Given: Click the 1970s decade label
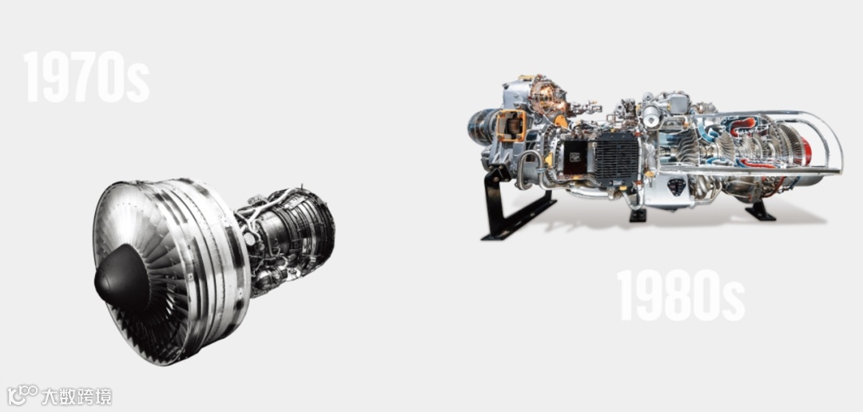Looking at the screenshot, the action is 86,77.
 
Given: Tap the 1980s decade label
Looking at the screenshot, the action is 681,295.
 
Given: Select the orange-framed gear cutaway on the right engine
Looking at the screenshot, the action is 511,125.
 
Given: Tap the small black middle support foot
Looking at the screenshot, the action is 638,214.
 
